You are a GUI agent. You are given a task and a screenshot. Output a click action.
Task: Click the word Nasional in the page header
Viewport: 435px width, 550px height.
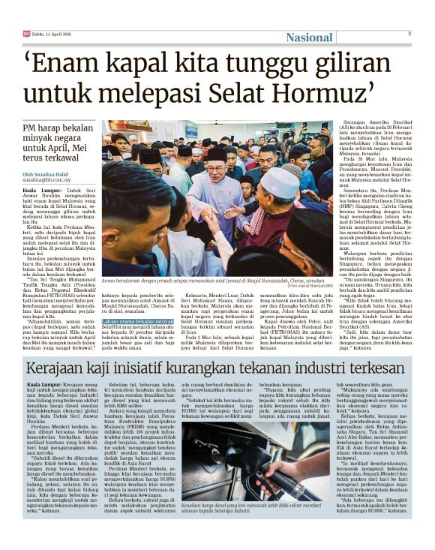[x=309, y=38]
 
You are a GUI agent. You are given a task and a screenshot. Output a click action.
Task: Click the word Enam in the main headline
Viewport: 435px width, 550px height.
[x=80, y=62]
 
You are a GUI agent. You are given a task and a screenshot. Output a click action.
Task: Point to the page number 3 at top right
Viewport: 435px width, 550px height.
[x=409, y=34]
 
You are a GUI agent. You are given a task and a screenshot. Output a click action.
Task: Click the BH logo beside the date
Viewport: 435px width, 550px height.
[x=26, y=34]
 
